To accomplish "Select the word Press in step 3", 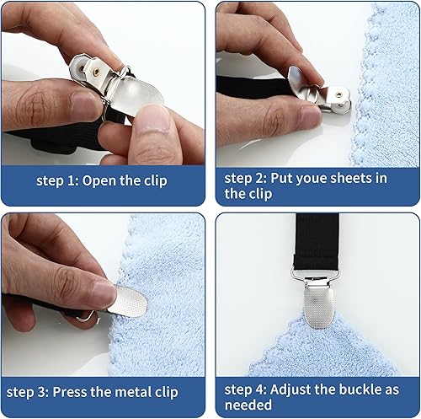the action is pos(69,392).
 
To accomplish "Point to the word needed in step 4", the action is pos(248,405).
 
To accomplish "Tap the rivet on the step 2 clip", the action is pos(339,95).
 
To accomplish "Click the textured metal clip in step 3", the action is pos(128,302).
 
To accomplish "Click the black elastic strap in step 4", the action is pos(317,242).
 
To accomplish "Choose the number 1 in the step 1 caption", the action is pos(71,180).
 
